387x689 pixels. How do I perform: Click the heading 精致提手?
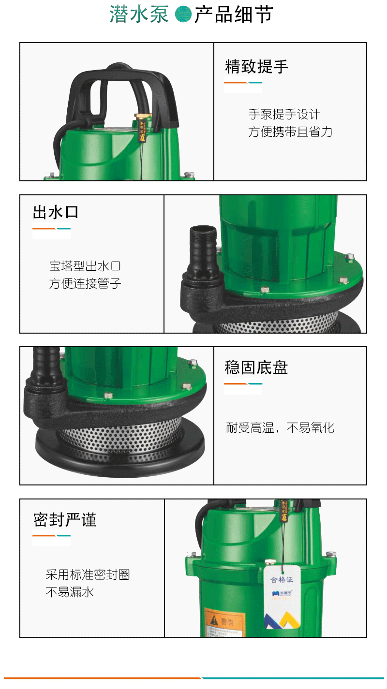point(256,67)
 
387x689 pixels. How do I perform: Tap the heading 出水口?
point(55,212)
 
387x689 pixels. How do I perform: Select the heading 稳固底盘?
point(256,368)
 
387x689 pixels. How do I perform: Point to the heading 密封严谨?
point(65,520)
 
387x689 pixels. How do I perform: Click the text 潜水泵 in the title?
point(139,15)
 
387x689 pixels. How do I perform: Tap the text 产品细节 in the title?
point(234,15)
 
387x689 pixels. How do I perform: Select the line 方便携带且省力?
point(290,132)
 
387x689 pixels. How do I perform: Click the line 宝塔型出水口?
point(85,266)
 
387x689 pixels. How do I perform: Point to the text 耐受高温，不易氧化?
point(280,428)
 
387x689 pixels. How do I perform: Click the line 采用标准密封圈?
point(88,575)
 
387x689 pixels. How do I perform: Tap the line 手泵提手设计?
point(284,115)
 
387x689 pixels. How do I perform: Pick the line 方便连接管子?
point(85,284)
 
